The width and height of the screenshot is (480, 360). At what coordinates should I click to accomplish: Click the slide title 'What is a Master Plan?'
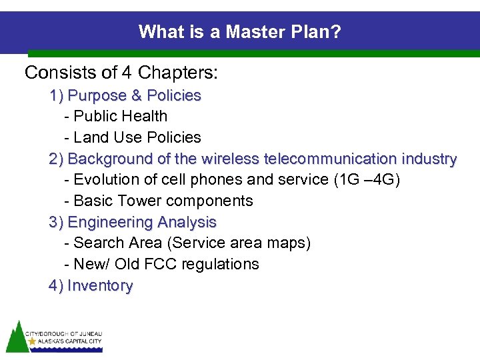pyautogui.click(x=239, y=31)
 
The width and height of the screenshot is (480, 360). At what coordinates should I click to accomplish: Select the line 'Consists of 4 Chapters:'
pyautogui.click(x=121, y=72)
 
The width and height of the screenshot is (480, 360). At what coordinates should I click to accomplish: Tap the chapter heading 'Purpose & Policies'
pyautogui.click(x=134, y=95)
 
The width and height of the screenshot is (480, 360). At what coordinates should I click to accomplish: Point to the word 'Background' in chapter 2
pyautogui.click(x=111, y=159)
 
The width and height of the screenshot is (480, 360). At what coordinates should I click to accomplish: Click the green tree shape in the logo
pyautogui.click(x=15, y=337)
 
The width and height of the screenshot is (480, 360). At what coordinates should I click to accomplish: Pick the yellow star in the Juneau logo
pyautogui.click(x=32, y=341)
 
